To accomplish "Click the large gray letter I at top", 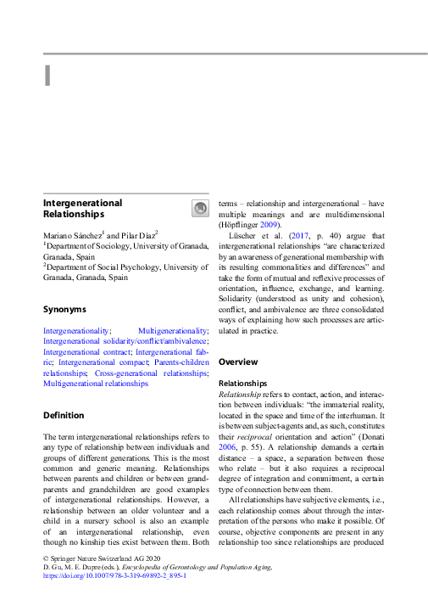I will [x=47, y=75].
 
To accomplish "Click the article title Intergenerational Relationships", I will [x=82, y=209].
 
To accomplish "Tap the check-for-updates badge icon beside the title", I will [x=200, y=209].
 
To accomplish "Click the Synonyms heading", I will [x=64, y=309].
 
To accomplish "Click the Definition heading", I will [x=64, y=415].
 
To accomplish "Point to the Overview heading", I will [x=238, y=362].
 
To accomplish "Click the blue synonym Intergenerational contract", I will [x=87, y=350].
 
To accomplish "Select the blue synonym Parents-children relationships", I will [x=170, y=362].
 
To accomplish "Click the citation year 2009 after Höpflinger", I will [x=271, y=225].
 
